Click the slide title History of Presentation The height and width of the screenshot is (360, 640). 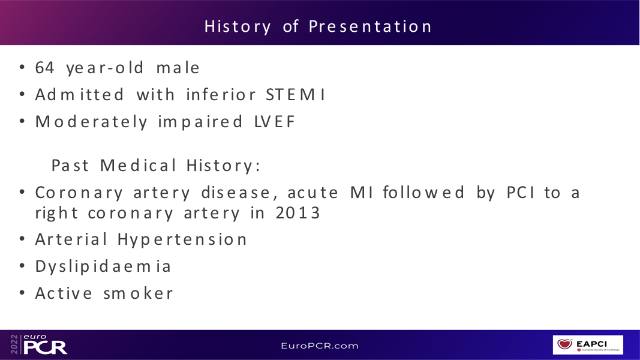tap(318, 26)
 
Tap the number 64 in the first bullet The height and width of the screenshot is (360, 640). tap(44, 68)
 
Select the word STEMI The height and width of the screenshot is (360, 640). tap(296, 95)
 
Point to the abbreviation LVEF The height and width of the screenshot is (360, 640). tap(274, 122)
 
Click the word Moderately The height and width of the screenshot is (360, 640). tap(91, 122)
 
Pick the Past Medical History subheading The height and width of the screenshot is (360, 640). tap(155, 166)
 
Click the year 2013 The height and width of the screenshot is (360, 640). tap(298, 213)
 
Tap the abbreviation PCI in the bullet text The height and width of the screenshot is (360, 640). tap(521, 193)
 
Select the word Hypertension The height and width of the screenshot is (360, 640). tap(182, 240)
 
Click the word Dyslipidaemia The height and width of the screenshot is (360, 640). tap(103, 267)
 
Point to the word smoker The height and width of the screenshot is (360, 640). tap(139, 293)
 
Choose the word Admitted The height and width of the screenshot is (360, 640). tap(79, 95)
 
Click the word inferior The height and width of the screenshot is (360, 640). tap(221, 95)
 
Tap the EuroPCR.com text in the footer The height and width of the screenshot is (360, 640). tap(320, 346)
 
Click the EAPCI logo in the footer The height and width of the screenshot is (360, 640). tap(588, 345)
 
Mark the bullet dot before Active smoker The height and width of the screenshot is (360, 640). tap(22, 293)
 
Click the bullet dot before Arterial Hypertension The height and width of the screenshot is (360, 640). tap(22, 239)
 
